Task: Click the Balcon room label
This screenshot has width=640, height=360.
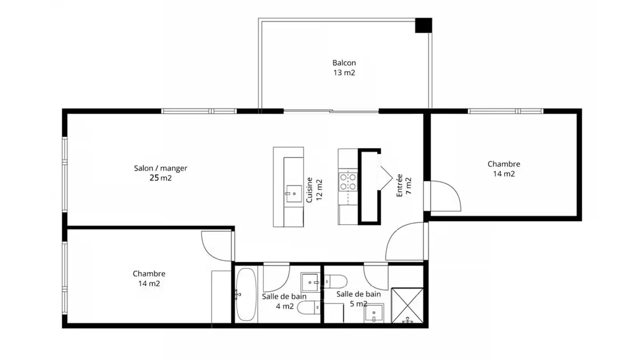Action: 344,63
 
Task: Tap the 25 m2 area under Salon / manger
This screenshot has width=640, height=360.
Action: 160,178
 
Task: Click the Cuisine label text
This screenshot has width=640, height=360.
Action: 309,190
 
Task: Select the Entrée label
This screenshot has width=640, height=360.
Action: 400,185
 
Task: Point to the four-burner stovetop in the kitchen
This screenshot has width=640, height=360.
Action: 348,182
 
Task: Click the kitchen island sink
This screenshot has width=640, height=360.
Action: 294,194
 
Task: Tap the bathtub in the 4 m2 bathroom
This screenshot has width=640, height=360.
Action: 246,294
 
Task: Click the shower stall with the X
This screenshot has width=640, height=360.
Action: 408,305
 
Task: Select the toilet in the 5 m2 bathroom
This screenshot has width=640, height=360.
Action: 336,281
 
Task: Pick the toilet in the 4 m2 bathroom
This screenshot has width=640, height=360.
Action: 308,308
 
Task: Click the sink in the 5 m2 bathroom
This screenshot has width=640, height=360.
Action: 374,313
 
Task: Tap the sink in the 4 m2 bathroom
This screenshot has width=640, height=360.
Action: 310,282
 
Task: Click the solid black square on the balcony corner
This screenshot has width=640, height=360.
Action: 424,25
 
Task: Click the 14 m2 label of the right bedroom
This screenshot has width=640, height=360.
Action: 504,174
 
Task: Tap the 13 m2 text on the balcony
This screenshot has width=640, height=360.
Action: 344,72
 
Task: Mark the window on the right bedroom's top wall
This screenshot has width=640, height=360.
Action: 505,111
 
